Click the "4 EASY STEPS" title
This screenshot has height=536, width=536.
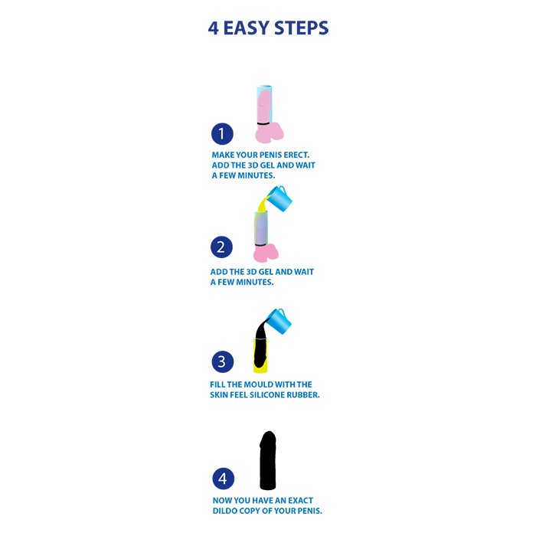click(268, 28)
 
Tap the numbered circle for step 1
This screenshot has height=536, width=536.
click(222, 134)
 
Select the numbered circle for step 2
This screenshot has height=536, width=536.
click(221, 247)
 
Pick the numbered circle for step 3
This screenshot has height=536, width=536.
click(223, 361)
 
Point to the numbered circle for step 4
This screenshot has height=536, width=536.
click(224, 479)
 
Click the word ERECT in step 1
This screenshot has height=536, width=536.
click(296, 155)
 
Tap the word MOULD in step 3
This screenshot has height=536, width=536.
click(253, 384)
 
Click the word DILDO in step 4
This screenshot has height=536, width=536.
click(224, 511)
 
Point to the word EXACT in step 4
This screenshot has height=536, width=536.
click(300, 501)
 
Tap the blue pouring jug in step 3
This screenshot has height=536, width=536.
click(279, 322)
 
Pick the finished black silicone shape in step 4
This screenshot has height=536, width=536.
click(268, 460)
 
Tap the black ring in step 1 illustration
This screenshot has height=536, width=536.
click(264, 123)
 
